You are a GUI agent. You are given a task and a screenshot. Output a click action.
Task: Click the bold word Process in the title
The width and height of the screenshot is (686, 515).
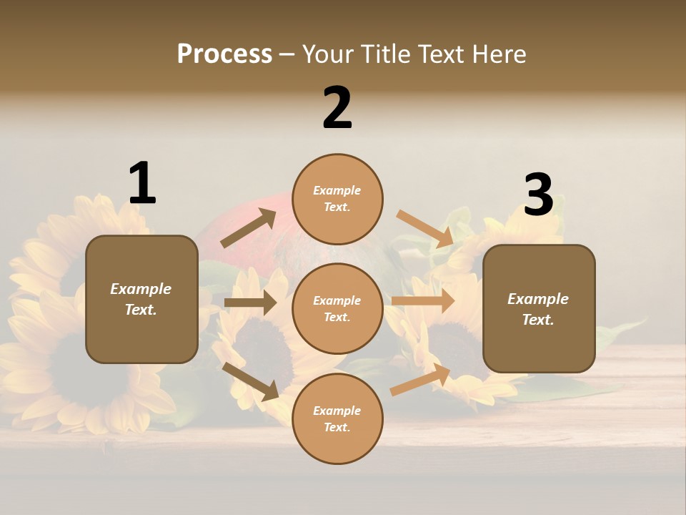(x=224, y=54)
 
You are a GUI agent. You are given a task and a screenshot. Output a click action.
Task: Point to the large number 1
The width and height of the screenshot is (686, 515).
(x=142, y=183)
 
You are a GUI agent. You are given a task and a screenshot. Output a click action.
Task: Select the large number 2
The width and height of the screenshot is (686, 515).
(x=337, y=108)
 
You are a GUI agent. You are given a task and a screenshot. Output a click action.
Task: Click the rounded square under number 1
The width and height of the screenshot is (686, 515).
(x=141, y=299)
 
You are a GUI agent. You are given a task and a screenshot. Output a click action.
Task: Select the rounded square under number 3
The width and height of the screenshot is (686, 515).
(x=539, y=309)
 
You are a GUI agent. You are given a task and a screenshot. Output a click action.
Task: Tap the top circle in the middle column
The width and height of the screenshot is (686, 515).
(x=337, y=199)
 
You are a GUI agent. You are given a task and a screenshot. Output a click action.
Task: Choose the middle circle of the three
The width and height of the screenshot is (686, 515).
(x=337, y=308)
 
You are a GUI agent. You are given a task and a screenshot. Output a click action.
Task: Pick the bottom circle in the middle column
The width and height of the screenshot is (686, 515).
(x=337, y=418)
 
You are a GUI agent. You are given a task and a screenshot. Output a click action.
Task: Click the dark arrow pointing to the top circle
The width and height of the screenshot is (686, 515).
(x=249, y=228)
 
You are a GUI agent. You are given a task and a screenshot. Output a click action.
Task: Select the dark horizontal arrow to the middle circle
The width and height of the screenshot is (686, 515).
(x=250, y=303)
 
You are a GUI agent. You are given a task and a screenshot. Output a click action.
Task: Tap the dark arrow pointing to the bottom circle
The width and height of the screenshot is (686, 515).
(x=251, y=381)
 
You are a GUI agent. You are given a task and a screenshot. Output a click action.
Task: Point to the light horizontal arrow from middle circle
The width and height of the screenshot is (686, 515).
(x=422, y=301)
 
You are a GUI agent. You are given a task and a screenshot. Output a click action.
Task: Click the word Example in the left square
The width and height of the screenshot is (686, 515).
(x=141, y=289)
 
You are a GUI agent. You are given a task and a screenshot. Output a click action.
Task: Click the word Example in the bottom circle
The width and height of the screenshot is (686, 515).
(x=337, y=411)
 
